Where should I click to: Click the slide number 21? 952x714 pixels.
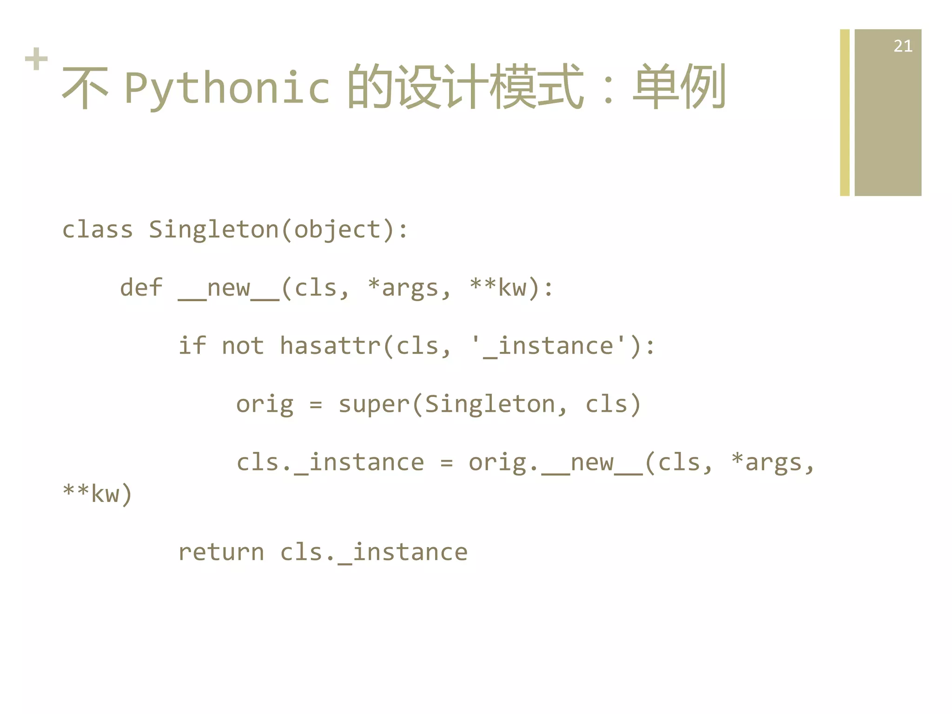(902, 46)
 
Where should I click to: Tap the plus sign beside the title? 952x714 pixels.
(36, 59)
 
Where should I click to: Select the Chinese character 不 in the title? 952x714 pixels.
(85, 87)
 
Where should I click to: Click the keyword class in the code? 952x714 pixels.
(98, 230)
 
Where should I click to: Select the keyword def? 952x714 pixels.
(141, 288)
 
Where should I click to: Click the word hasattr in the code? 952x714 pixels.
(330, 346)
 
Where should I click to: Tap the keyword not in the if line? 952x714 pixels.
(243, 346)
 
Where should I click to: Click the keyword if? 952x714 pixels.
(192, 346)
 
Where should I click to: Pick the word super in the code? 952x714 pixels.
(374, 404)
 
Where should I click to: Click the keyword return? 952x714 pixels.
(221, 553)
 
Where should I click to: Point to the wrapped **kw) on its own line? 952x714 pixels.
(98, 494)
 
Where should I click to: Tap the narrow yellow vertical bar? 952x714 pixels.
(845, 112)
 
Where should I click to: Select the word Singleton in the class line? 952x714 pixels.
(214, 230)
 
